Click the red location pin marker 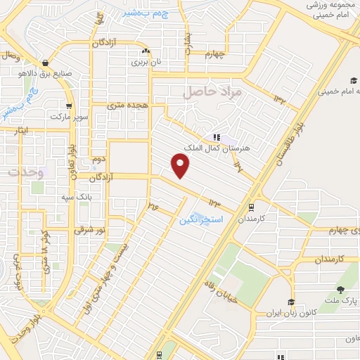coord(181,166)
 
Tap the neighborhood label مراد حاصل coord(212,91)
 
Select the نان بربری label coord(148,62)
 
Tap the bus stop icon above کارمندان coord(251,207)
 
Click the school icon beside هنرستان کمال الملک coord(216,137)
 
